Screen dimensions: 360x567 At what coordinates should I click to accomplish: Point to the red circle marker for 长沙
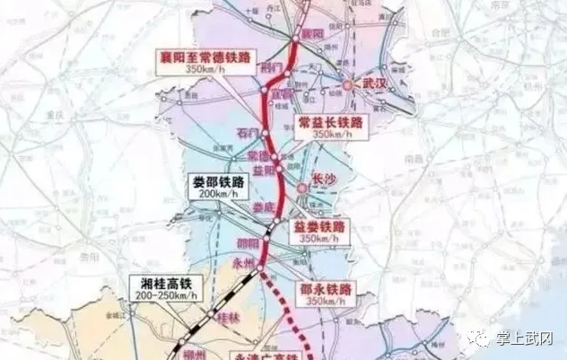[303, 187]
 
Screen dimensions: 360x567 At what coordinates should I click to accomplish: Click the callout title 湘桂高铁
[167, 281]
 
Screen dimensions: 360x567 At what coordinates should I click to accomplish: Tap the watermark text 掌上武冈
[531, 338]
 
